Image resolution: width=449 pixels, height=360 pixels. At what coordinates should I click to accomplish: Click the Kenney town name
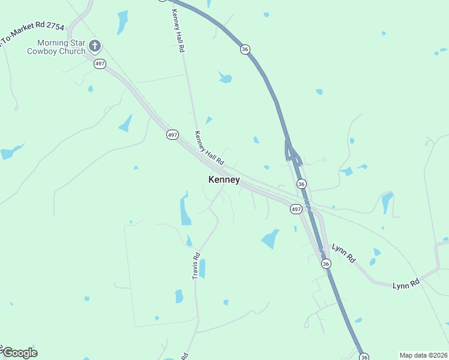pos(224,179)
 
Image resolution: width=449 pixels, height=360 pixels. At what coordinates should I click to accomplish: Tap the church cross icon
pos(94,46)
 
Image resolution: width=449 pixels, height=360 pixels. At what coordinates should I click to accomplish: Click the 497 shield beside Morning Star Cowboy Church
pos(100,64)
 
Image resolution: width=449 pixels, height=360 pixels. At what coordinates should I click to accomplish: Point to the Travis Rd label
pos(196,265)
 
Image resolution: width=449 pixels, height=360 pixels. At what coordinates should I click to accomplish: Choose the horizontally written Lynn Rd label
pos(406,285)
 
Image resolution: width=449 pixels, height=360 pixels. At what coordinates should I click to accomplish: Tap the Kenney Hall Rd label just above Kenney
pos(209,148)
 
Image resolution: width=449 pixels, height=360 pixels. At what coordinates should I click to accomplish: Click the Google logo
pos(19,352)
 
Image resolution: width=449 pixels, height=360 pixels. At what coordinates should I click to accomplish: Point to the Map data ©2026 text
pos(423,355)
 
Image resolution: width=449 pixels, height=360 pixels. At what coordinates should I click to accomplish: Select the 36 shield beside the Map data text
pos(364,357)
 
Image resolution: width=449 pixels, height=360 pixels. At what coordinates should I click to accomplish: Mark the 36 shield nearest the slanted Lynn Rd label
pos(325,263)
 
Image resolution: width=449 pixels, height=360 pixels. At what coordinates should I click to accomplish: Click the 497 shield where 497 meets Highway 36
pos(295,209)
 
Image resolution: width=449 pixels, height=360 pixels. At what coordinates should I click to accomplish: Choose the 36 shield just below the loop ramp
pos(301,184)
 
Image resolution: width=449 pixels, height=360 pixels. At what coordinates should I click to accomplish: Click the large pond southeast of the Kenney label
pos(271,239)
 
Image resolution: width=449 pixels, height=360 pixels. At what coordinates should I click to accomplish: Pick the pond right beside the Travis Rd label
pos(202,268)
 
